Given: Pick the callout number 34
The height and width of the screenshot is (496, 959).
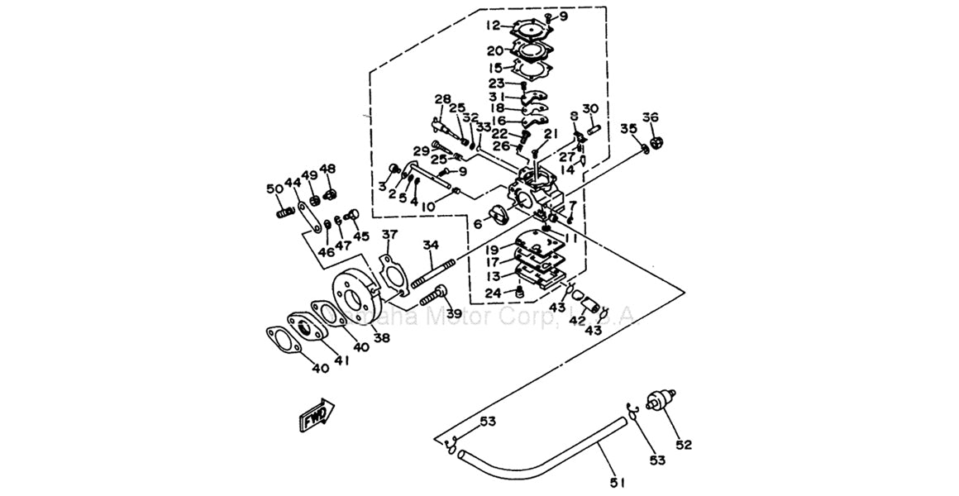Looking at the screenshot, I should click(430, 245).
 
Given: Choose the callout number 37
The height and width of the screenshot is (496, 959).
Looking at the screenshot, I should click(389, 236).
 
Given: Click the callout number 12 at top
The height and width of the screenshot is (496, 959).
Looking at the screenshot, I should click(494, 25).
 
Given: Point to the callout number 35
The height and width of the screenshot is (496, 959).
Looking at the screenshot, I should click(629, 128).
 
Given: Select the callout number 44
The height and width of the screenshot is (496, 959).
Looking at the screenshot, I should click(292, 182).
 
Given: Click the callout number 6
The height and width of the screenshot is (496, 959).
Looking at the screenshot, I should click(477, 224).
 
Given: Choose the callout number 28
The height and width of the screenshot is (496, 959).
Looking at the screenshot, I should click(443, 100).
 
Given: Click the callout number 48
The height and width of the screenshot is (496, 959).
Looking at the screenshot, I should click(328, 169).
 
